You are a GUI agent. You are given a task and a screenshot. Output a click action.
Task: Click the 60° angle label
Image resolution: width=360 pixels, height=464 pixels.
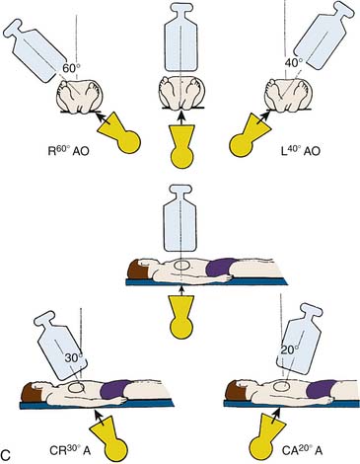click(x=71, y=69)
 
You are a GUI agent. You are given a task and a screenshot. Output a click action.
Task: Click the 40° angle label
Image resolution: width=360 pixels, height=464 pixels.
click(x=293, y=63)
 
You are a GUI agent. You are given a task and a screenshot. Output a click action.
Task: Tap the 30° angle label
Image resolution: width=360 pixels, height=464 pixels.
click(x=73, y=358)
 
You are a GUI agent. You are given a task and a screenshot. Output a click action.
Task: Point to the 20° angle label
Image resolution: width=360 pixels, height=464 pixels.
click(x=290, y=350)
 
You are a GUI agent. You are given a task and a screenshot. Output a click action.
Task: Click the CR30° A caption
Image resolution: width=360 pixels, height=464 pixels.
click(x=69, y=450)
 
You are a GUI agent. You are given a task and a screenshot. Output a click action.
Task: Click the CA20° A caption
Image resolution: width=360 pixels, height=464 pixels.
click(x=302, y=450)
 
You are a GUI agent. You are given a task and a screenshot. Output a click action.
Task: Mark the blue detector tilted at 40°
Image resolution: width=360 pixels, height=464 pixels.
click(x=324, y=37)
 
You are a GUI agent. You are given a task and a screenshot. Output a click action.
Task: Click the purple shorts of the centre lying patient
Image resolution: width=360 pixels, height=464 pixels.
click(x=222, y=267)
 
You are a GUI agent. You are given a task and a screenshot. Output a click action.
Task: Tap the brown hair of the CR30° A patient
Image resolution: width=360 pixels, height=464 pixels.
click(x=29, y=393)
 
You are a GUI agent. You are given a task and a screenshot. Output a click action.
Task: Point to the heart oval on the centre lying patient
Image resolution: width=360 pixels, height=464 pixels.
click(x=181, y=265)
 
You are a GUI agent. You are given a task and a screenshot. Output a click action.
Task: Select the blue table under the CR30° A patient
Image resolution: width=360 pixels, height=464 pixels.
click(x=97, y=404)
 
